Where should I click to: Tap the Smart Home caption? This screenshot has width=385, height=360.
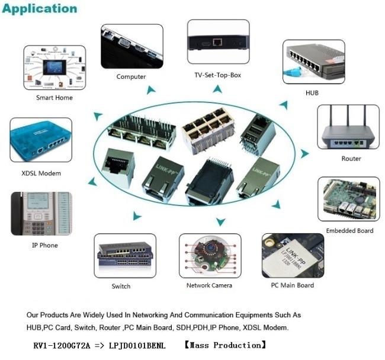[54, 98]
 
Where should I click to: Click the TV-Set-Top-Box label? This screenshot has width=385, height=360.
[218, 75]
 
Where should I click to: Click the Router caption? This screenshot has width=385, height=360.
[351, 159]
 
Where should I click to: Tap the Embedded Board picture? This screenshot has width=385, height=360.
[349, 199]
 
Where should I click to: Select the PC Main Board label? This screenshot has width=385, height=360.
[293, 285]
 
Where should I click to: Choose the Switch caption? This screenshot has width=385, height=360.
[121, 287]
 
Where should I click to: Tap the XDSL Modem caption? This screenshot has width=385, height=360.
[41, 173]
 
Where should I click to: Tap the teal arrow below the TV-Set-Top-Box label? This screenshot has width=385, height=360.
[218, 89]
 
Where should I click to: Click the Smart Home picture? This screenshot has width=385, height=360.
[54, 67]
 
